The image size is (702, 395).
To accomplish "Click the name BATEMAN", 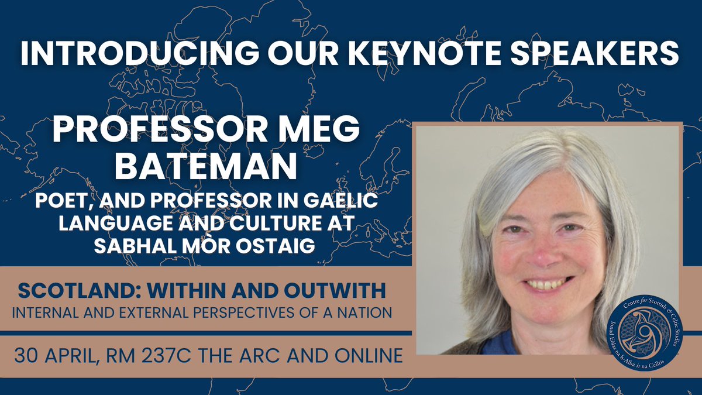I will point(206,166).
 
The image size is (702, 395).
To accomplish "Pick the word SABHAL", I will point(136,246).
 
